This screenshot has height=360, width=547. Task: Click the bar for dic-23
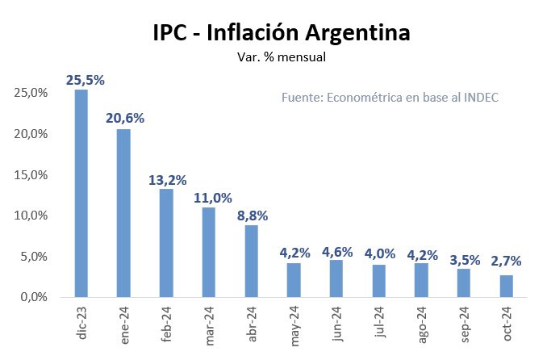pyautogui.click(x=81, y=194)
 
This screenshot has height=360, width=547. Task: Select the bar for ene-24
pyautogui.click(x=123, y=213)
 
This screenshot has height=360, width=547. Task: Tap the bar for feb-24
pyautogui.click(x=166, y=243)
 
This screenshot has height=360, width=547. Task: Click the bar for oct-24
pyautogui.click(x=506, y=287)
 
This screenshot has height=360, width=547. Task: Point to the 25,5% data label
pyautogui.click(x=85, y=80)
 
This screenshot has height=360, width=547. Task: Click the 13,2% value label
pyautogui.click(x=167, y=180)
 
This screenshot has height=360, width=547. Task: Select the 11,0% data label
pyautogui.click(x=212, y=198)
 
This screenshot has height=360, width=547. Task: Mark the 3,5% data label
pyautogui.click(x=465, y=260)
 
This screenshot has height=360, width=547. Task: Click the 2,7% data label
pyautogui.click(x=506, y=261)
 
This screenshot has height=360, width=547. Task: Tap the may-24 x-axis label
pyautogui.click(x=294, y=328)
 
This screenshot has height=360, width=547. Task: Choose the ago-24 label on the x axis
pyautogui.click(x=422, y=328)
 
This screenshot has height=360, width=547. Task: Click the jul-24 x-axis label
pyautogui.click(x=379, y=326)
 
